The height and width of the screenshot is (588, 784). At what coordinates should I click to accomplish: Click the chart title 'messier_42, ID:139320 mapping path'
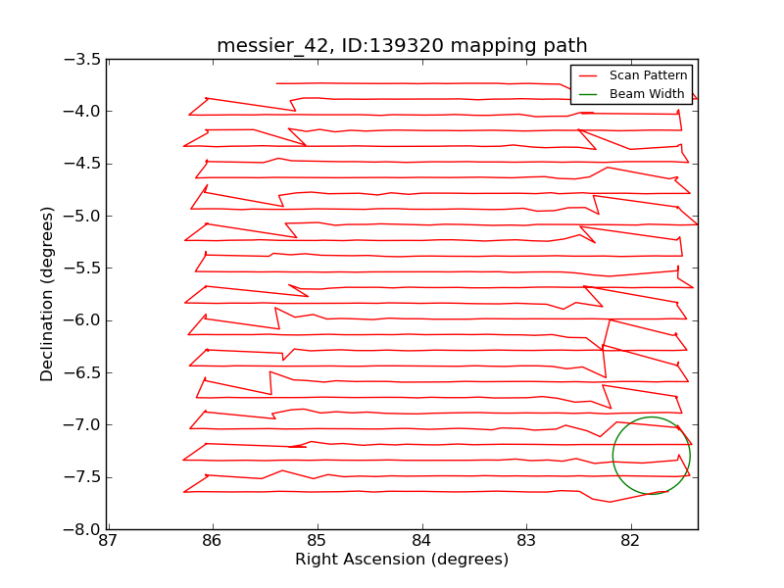[x=402, y=46]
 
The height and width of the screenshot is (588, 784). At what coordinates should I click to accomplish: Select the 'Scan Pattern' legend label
[x=648, y=75]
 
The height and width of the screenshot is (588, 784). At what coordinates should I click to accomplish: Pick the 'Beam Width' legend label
[x=647, y=94]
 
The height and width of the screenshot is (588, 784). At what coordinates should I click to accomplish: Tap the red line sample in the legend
[x=588, y=75]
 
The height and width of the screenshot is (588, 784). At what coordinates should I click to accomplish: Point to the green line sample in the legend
[x=588, y=94]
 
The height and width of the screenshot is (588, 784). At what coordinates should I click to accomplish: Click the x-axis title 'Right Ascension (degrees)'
[x=402, y=560]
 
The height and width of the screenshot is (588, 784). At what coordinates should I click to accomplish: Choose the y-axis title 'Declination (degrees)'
[x=47, y=294]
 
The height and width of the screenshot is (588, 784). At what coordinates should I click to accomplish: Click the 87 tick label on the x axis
[x=108, y=541]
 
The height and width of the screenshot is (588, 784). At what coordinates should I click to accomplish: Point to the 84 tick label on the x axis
[x=421, y=541]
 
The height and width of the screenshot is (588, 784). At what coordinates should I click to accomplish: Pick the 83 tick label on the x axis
[x=526, y=541]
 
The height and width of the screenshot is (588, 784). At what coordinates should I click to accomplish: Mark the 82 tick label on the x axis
[x=630, y=541]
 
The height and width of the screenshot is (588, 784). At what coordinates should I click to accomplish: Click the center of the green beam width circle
[x=652, y=456]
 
